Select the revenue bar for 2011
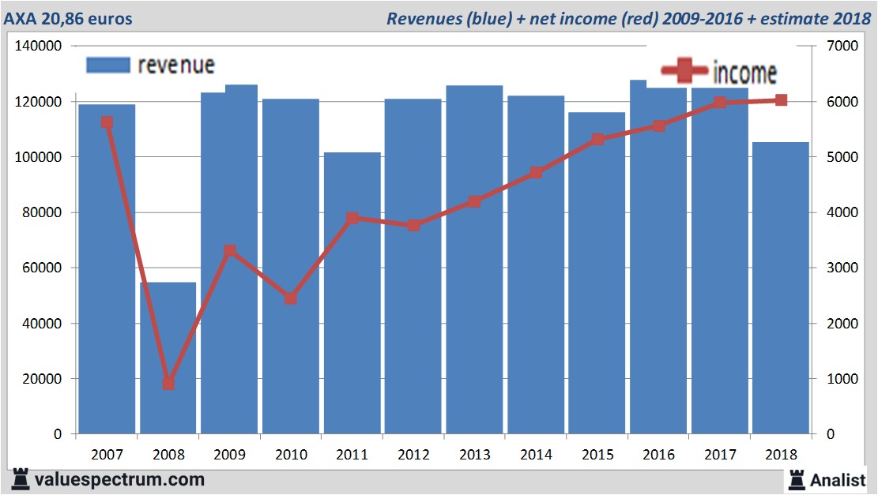coord(352,316)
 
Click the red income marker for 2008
coord(168,384)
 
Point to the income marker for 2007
coord(107,122)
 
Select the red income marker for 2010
coord(291,298)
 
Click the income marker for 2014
coord(536,172)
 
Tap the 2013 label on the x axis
coord(475,455)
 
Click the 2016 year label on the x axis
coord(659,455)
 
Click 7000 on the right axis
coord(840,47)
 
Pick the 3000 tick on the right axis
coord(840,268)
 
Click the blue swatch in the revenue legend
coord(107,66)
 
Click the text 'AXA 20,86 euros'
coord(69,18)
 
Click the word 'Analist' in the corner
coord(838,479)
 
